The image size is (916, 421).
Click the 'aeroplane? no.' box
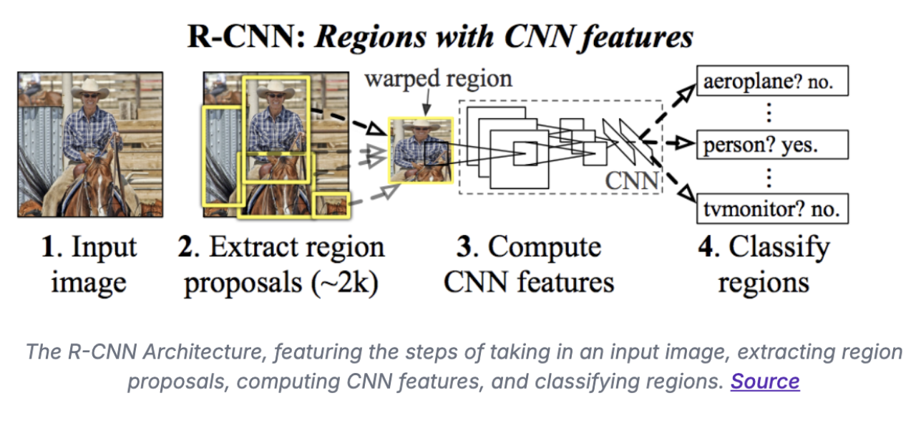pos(771,82)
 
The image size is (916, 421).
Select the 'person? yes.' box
pos(771,145)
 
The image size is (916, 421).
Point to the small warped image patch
pos(420,150)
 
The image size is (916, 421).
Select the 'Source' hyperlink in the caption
pos(764,381)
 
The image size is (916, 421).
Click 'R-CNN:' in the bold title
pos(244,37)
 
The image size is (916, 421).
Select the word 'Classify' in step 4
pos(780,248)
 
